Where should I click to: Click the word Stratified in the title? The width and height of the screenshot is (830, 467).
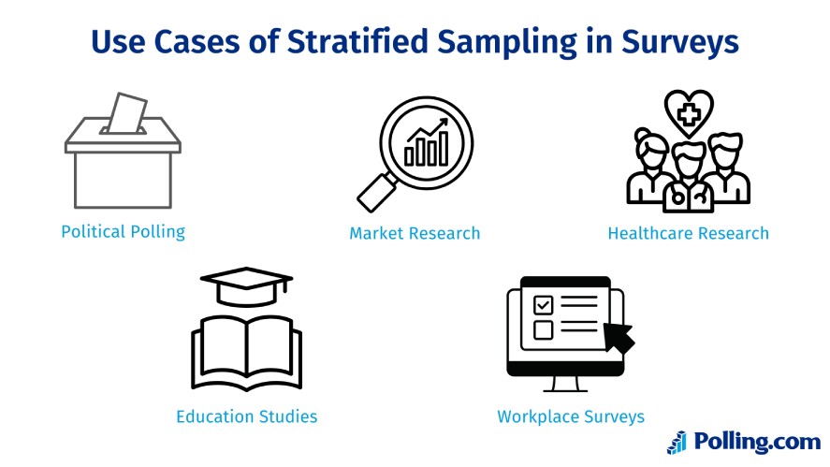click(x=357, y=41)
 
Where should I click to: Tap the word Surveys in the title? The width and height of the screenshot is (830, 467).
click(x=679, y=42)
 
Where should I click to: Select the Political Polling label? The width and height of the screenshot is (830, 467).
click(x=123, y=232)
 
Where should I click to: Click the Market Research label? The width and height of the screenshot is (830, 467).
click(x=415, y=233)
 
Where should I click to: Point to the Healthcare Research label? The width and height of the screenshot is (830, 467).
click(x=688, y=233)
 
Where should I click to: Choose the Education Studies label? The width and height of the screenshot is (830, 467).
click(x=247, y=416)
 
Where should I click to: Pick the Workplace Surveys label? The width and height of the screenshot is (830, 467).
click(x=571, y=416)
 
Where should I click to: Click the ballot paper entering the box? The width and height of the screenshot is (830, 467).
click(x=127, y=113)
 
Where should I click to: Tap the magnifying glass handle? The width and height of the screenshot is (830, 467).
click(x=377, y=193)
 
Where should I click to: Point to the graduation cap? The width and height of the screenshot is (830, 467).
click(x=246, y=286)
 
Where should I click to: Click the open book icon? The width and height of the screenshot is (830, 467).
click(x=247, y=353)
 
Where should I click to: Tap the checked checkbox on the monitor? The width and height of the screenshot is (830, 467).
click(x=543, y=305)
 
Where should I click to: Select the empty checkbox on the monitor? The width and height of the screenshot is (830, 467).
click(x=543, y=329)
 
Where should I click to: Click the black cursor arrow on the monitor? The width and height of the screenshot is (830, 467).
click(x=619, y=337)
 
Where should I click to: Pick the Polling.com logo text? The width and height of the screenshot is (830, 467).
click(x=757, y=442)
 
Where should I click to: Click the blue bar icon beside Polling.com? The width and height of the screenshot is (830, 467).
click(x=677, y=443)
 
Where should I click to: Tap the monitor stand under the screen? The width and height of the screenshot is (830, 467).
click(x=565, y=385)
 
